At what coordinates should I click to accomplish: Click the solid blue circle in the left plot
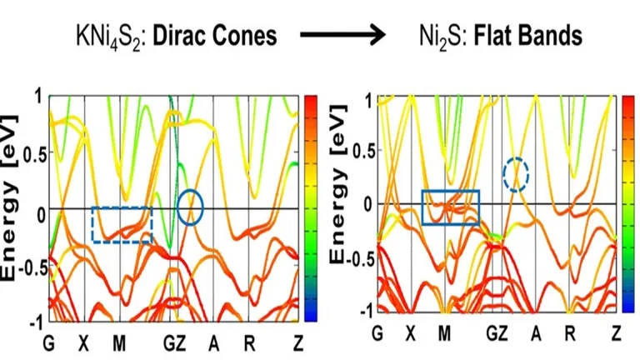coord(190,207)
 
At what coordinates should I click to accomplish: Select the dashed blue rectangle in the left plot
coord(122,224)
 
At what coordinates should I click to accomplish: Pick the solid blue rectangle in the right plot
coord(451,207)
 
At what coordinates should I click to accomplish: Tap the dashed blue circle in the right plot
coord(516,175)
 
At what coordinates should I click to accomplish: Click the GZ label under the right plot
coord(497,333)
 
